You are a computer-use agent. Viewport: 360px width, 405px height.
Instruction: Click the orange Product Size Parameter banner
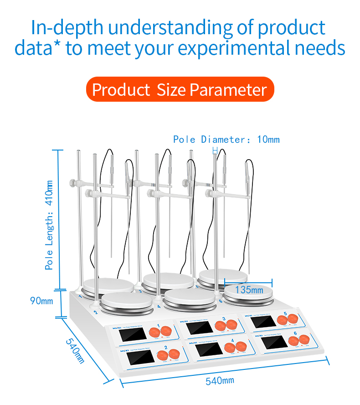(180, 89)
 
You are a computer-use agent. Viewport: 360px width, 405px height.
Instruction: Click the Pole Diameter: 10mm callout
(226, 140)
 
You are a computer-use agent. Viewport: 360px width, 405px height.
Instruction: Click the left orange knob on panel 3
(221, 325)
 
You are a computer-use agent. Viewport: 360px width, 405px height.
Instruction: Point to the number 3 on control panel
(224, 318)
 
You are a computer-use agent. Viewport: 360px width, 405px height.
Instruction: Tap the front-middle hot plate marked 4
(189, 299)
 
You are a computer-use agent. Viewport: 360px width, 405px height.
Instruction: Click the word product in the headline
(292, 27)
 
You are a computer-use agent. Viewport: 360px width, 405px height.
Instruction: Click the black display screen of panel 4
(204, 350)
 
